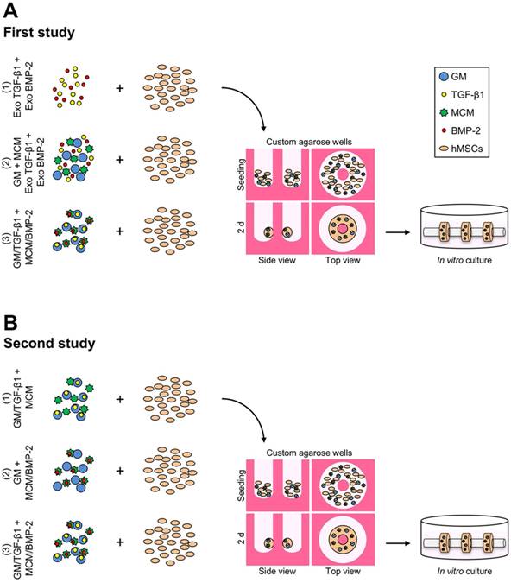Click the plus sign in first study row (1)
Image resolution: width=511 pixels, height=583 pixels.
pyautogui.click(x=119, y=87)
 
